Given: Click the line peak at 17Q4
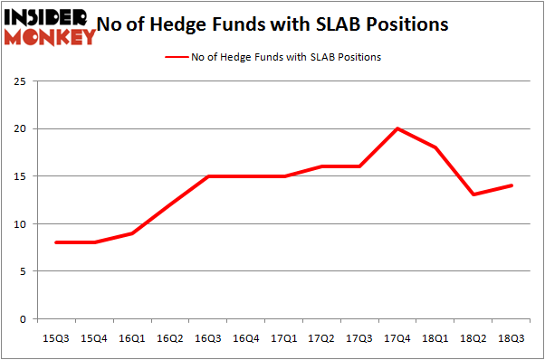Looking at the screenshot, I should (397, 128).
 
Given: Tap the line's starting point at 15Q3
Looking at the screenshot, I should (56, 242).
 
